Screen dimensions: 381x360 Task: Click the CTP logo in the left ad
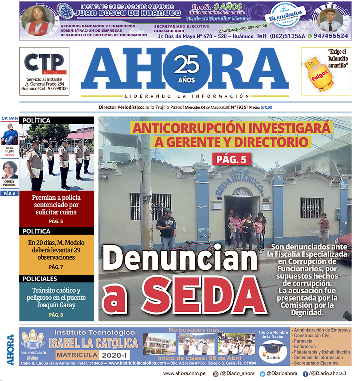(44, 62)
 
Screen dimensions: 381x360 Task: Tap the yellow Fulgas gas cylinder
(316, 74)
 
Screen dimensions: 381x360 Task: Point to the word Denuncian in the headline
(182, 258)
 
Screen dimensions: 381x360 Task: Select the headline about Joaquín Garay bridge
(56, 297)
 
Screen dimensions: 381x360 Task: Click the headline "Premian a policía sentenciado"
(56, 205)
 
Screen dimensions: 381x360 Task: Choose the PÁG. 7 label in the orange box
(56, 267)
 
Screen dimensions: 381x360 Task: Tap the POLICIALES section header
(40, 279)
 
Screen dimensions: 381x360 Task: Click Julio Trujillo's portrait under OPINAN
(10, 134)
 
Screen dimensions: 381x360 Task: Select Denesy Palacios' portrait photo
(10, 170)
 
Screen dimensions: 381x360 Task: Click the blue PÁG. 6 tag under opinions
(10, 194)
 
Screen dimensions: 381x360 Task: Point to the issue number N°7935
(238, 107)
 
